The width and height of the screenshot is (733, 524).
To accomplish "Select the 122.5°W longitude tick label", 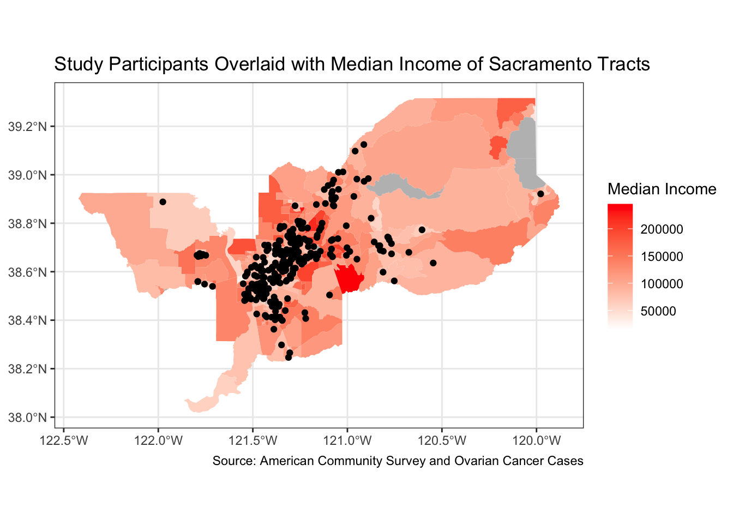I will click(x=64, y=440).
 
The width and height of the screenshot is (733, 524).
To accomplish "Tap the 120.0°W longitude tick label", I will click(x=537, y=440).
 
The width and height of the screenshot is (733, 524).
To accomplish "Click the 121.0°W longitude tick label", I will click(x=347, y=440).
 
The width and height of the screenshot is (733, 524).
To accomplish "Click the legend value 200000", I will click(x=662, y=229).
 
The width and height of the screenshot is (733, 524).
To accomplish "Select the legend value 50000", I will click(x=659, y=311).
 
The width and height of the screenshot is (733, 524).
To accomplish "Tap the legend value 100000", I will click(x=662, y=284).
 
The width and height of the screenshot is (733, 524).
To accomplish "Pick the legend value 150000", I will click(x=662, y=257).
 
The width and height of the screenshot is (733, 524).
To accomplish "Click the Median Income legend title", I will click(x=662, y=189).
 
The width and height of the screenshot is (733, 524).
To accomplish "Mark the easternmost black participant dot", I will click(x=540, y=194).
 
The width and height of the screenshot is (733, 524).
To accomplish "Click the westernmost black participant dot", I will click(x=163, y=202).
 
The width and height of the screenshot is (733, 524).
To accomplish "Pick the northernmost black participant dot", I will click(x=364, y=145).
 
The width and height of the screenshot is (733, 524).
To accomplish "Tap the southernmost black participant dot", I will click(x=289, y=358).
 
